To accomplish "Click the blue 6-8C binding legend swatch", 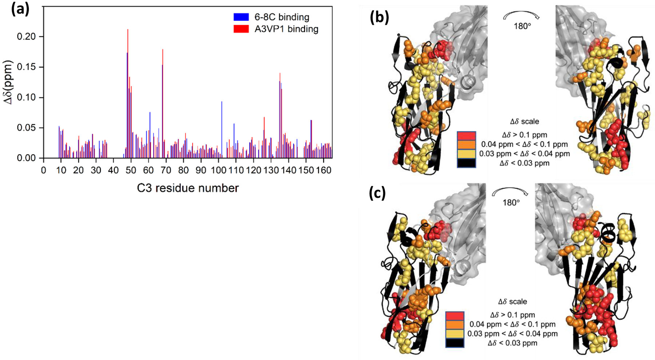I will click(x=241, y=17).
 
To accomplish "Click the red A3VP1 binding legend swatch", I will click(x=241, y=29).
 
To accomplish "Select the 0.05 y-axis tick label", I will click(x=26, y=128).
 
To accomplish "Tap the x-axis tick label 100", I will click(x=218, y=170).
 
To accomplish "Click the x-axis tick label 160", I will click(x=323, y=170).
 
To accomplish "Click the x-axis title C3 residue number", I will click(x=188, y=188).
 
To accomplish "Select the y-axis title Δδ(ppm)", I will click(x=8, y=82).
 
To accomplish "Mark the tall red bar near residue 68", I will click(x=163, y=91).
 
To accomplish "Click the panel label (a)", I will click(x=20, y=9).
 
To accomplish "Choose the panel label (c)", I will click(x=377, y=194).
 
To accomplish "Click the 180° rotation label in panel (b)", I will click(x=522, y=26).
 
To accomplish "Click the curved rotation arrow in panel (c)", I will click(x=511, y=191).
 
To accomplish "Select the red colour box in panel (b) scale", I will click(x=466, y=136).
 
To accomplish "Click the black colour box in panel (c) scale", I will click(x=454, y=343).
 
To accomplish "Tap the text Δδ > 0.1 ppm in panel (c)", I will click(x=512, y=315).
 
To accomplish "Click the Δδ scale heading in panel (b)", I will click(x=524, y=122).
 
